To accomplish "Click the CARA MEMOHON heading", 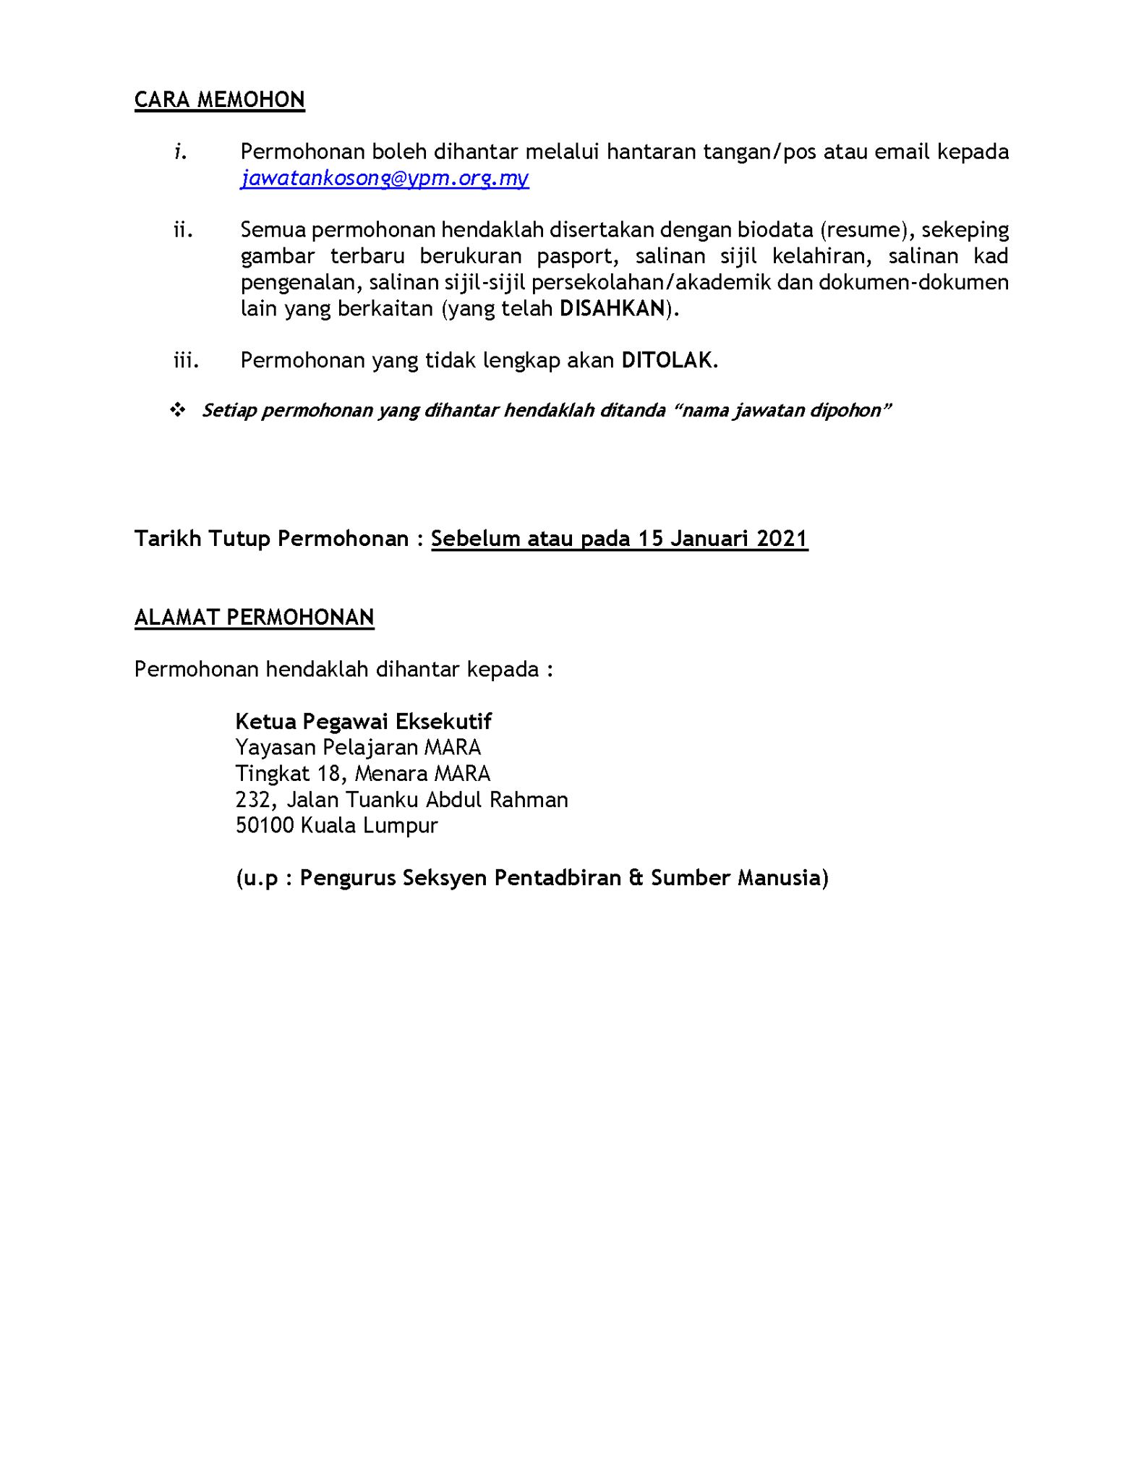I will (x=219, y=100).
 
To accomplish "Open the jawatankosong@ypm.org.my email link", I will (x=385, y=178).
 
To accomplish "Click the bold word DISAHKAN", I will (x=612, y=309).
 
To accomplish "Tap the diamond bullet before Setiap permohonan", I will (x=177, y=410).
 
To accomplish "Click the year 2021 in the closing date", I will (x=782, y=539).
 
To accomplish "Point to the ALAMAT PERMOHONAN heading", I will (x=254, y=617).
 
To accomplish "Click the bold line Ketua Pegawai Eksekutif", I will (x=363, y=721).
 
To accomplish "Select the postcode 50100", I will (x=265, y=825).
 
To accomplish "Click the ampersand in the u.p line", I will (x=636, y=877).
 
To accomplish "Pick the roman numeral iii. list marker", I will (x=186, y=360).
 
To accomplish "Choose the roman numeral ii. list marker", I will (x=183, y=230).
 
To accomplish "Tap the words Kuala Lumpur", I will (x=369, y=825).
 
